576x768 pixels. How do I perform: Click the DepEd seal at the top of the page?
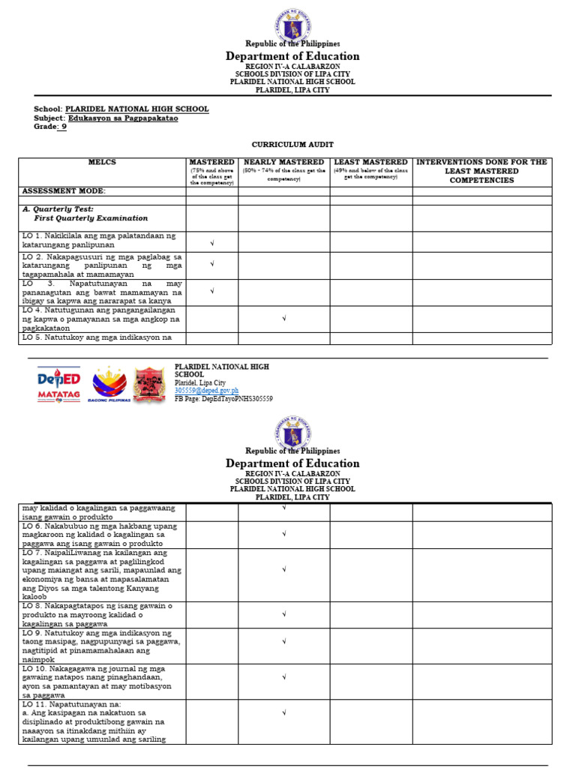(x=292, y=25)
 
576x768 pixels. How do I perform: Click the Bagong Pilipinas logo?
(x=109, y=385)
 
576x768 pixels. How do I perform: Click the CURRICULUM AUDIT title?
(x=292, y=144)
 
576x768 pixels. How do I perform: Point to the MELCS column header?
(x=102, y=162)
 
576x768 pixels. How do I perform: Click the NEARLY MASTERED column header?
(x=283, y=162)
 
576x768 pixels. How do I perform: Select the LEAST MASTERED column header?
(x=370, y=162)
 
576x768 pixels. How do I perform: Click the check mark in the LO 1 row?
(x=212, y=242)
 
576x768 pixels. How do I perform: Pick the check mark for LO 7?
(x=283, y=570)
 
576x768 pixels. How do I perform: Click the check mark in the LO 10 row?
(x=283, y=677)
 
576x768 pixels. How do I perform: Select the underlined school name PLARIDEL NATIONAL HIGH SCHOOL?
(x=136, y=109)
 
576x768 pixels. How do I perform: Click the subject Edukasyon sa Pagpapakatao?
(x=123, y=118)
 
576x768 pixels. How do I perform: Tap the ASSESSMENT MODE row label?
(x=64, y=191)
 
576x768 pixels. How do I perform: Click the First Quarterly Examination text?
(x=91, y=218)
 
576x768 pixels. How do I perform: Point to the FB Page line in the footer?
(x=223, y=399)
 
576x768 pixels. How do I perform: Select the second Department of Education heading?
(x=292, y=463)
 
